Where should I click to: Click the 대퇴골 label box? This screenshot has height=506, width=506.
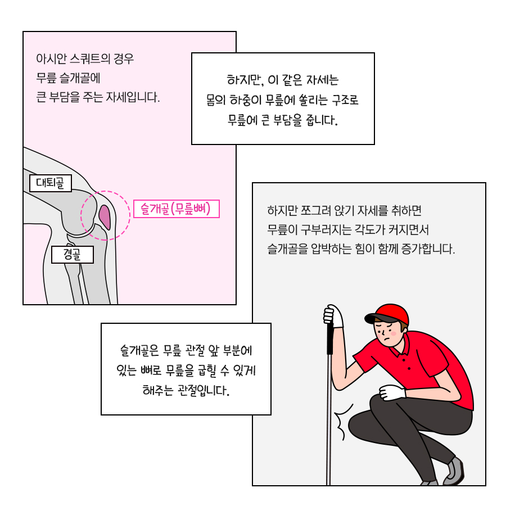tap(51, 183)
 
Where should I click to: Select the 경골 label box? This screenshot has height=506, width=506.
tap(73, 255)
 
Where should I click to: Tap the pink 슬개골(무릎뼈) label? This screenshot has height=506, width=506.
tap(177, 209)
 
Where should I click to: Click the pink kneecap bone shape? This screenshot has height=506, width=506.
tap(105, 217)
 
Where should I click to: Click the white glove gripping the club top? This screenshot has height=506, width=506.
tap(333, 315)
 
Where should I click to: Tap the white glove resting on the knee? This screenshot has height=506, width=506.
tap(392, 392)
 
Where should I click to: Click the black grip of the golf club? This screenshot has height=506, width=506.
tap(330, 338)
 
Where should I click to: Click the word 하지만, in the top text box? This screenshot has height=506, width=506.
tap(245, 80)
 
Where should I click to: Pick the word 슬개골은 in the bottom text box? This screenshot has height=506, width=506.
tap(139, 350)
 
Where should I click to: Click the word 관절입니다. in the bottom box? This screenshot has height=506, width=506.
tap(204, 391)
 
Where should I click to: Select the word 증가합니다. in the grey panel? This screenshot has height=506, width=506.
tap(428, 249)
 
